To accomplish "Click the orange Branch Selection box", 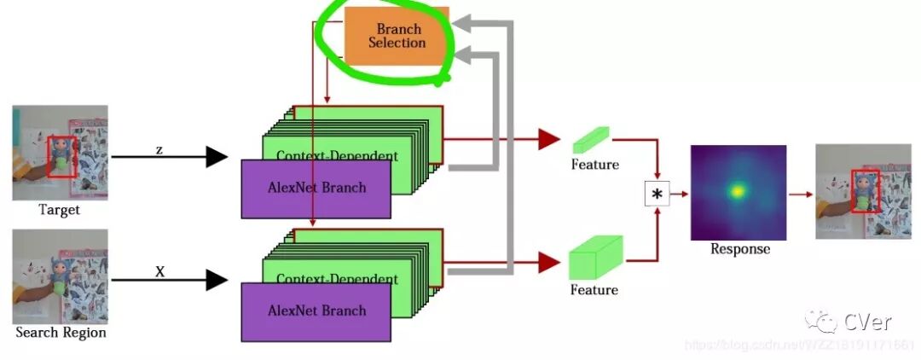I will coord(397,36).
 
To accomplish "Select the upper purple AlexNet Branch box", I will coord(316,189).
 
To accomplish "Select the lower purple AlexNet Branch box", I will coord(316,311).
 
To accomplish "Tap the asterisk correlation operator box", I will coord(657,195).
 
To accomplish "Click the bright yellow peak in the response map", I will coord(736,191).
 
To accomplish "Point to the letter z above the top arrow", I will coord(159,149).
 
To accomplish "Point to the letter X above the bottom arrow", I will coord(159,271).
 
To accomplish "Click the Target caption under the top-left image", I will coord(59,210).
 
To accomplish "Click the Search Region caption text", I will coord(61,332).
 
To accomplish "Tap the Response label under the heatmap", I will coord(739,249).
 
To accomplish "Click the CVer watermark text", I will coord(867,322).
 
